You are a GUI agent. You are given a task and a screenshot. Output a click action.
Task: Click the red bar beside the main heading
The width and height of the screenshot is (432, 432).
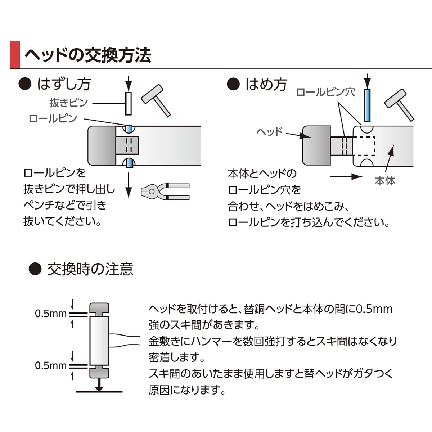pyautogui.click(x=15, y=55)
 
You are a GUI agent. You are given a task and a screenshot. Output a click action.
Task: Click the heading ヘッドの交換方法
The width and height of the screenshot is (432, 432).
pyautogui.click(x=87, y=55)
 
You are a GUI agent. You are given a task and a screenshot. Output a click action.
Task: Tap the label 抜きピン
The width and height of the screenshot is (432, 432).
pyautogui.click(x=68, y=103)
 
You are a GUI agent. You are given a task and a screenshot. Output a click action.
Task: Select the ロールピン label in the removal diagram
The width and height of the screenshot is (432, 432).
pyautogui.click(x=53, y=118)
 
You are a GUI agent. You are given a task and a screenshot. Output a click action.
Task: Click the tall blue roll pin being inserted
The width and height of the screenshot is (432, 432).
pyautogui.click(x=367, y=106)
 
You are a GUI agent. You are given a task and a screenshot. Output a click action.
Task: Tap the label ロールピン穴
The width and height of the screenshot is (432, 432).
pyautogui.click(x=325, y=92)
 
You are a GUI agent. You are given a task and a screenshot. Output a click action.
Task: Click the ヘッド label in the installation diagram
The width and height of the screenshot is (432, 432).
pyautogui.click(x=270, y=132)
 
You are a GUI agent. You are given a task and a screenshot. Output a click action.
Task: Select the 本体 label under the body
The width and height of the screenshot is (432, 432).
pyautogui.click(x=385, y=181)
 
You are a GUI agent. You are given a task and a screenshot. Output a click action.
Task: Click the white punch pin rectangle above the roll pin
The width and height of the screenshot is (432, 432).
pyautogui.click(x=128, y=103)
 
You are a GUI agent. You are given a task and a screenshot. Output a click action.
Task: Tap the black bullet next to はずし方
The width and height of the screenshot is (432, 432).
pyautogui.click(x=25, y=84)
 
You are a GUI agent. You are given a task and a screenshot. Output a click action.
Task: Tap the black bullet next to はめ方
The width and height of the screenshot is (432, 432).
pyautogui.click(x=233, y=84)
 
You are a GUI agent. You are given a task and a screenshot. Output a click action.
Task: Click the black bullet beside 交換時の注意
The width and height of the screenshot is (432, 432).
pyautogui.click(x=35, y=269)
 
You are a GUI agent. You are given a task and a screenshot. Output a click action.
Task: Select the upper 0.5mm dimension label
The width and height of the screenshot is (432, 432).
pyautogui.click(x=51, y=314)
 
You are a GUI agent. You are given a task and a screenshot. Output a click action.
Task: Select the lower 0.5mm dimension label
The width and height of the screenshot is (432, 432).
pyautogui.click(x=51, y=366)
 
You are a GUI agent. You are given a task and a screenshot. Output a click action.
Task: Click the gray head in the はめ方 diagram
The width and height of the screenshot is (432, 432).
pyautogui.click(x=316, y=145)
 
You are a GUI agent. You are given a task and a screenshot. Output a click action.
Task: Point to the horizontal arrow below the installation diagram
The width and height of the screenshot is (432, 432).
pyautogui.click(x=346, y=176)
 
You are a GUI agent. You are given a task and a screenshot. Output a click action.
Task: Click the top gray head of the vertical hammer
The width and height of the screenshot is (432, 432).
pyautogui.click(x=99, y=309)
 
